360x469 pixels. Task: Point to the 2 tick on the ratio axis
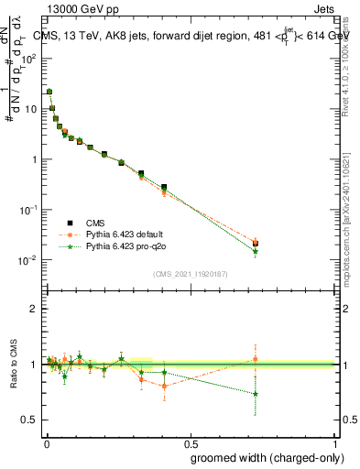[35, 310]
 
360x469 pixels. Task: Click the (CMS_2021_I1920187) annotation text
[190, 274]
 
